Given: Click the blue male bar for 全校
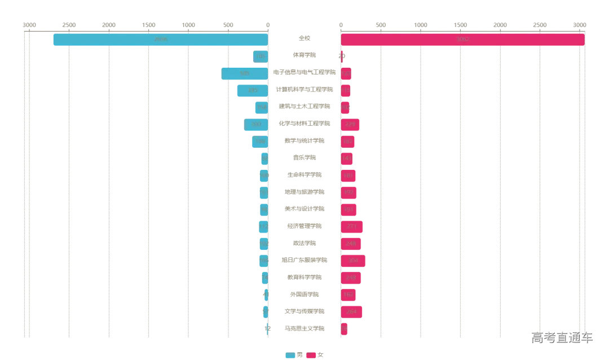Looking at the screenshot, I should [161, 39].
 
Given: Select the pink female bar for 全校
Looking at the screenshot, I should [462, 39].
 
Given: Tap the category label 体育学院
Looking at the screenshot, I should [304, 55].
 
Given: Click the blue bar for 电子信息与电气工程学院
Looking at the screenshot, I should [245, 73].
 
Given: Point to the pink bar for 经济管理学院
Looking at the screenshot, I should [351, 226].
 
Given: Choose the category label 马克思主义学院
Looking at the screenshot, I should [304, 328].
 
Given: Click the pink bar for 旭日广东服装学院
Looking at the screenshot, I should [353, 261].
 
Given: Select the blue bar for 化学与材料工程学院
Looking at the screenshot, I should [256, 124].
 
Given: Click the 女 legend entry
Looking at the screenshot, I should [315, 355].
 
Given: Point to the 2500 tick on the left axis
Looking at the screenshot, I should [69, 25].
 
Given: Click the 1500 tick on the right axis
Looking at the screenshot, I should [460, 25].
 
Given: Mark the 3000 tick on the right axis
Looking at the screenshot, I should [580, 25].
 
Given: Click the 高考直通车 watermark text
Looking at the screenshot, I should [562, 338].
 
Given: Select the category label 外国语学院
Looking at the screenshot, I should [304, 295].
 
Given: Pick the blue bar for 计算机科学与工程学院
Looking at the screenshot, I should [253, 90].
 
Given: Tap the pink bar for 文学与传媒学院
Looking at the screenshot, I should [351, 311].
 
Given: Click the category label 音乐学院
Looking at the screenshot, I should [304, 158].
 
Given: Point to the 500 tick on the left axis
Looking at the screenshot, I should [228, 25].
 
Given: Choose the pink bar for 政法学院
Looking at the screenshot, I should [351, 244].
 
